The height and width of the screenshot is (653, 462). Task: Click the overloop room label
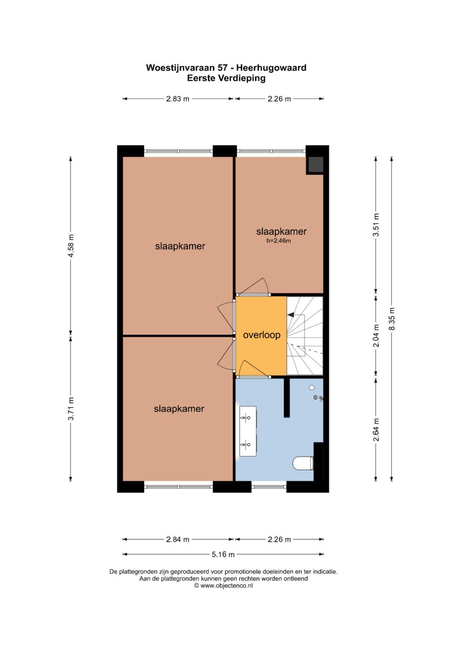point(261,335)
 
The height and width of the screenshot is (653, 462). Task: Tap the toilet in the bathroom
point(303,463)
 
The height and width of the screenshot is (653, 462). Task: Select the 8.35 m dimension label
point(391,319)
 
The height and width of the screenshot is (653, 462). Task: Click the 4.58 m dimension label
point(71,245)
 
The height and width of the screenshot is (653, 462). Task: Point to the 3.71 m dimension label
point(71,409)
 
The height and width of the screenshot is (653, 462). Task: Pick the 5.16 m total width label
point(223,555)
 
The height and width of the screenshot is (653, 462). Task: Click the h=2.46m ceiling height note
point(278,241)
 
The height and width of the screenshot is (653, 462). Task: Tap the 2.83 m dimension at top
point(178,99)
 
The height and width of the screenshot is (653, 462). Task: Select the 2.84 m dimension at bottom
point(178,540)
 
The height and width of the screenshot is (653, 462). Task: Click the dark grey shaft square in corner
point(316,165)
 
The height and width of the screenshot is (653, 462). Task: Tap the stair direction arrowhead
point(290,315)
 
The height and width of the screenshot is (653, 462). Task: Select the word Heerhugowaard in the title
point(271,68)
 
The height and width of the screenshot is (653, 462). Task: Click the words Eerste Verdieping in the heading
point(226,78)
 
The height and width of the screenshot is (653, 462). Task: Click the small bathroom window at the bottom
point(269,487)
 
